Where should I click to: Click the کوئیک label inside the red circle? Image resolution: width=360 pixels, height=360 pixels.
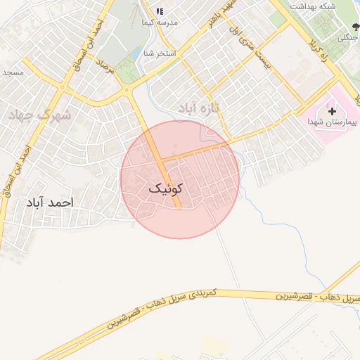(x=166, y=188)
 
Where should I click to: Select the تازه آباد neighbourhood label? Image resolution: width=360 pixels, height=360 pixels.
(x=196, y=107)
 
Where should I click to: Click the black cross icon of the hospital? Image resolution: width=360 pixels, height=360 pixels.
(x=332, y=111)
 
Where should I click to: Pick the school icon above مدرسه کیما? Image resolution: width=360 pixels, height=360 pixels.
(x=160, y=11)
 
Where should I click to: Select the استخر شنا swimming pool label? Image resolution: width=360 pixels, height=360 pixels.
(x=157, y=53)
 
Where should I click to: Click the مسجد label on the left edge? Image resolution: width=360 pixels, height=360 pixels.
(x=12, y=72)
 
